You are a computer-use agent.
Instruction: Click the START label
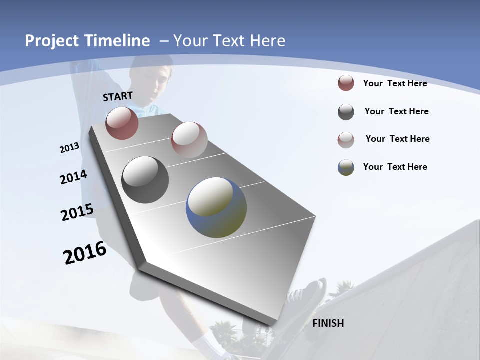(x=118, y=96)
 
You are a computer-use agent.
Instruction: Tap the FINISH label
(x=328, y=323)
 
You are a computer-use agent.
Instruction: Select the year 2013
(x=69, y=148)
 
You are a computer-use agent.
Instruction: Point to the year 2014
(x=73, y=177)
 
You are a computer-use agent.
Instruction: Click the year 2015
(x=77, y=212)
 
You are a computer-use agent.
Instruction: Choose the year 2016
(x=85, y=253)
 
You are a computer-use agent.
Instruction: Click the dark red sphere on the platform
(x=122, y=123)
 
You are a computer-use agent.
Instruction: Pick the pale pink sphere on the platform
(x=189, y=140)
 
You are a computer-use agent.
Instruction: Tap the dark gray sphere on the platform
(x=145, y=179)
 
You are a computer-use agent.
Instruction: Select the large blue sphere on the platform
(x=216, y=207)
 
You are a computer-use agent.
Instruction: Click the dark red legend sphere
(x=346, y=83)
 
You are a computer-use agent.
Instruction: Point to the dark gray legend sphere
(x=346, y=112)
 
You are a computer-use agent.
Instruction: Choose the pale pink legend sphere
(x=346, y=139)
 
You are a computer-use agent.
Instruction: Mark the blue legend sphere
(x=346, y=167)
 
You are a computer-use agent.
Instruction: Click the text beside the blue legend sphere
(x=395, y=167)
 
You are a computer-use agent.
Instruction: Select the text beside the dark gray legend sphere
(x=396, y=111)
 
